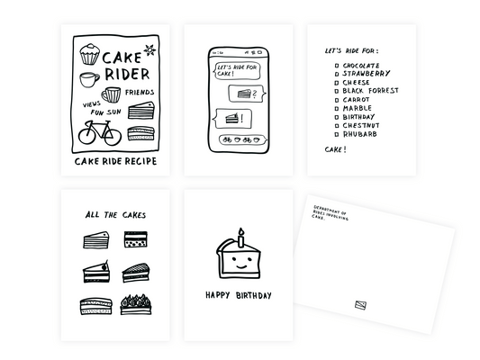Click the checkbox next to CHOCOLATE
(x=335, y=66)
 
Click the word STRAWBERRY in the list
(x=367, y=74)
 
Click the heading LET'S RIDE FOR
(x=351, y=50)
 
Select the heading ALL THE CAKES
(x=114, y=215)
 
